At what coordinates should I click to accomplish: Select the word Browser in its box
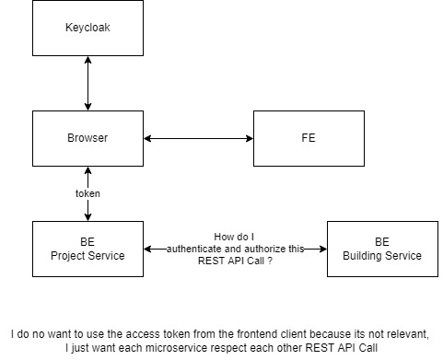(x=87, y=138)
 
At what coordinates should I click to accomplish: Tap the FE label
(x=309, y=138)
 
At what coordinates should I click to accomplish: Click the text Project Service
(x=87, y=255)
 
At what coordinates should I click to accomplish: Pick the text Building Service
(x=382, y=255)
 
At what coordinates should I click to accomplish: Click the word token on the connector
(x=87, y=194)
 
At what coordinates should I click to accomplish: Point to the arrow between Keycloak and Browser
(x=87, y=82)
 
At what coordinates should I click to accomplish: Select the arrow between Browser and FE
(x=198, y=138)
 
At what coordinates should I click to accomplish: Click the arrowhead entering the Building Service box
(x=322, y=249)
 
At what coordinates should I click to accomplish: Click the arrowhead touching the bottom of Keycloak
(x=87, y=59)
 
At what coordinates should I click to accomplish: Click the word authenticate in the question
(x=198, y=249)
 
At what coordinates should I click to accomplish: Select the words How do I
(x=234, y=236)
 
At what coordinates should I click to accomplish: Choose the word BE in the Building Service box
(x=382, y=242)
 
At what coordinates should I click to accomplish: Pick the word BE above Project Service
(x=87, y=242)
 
